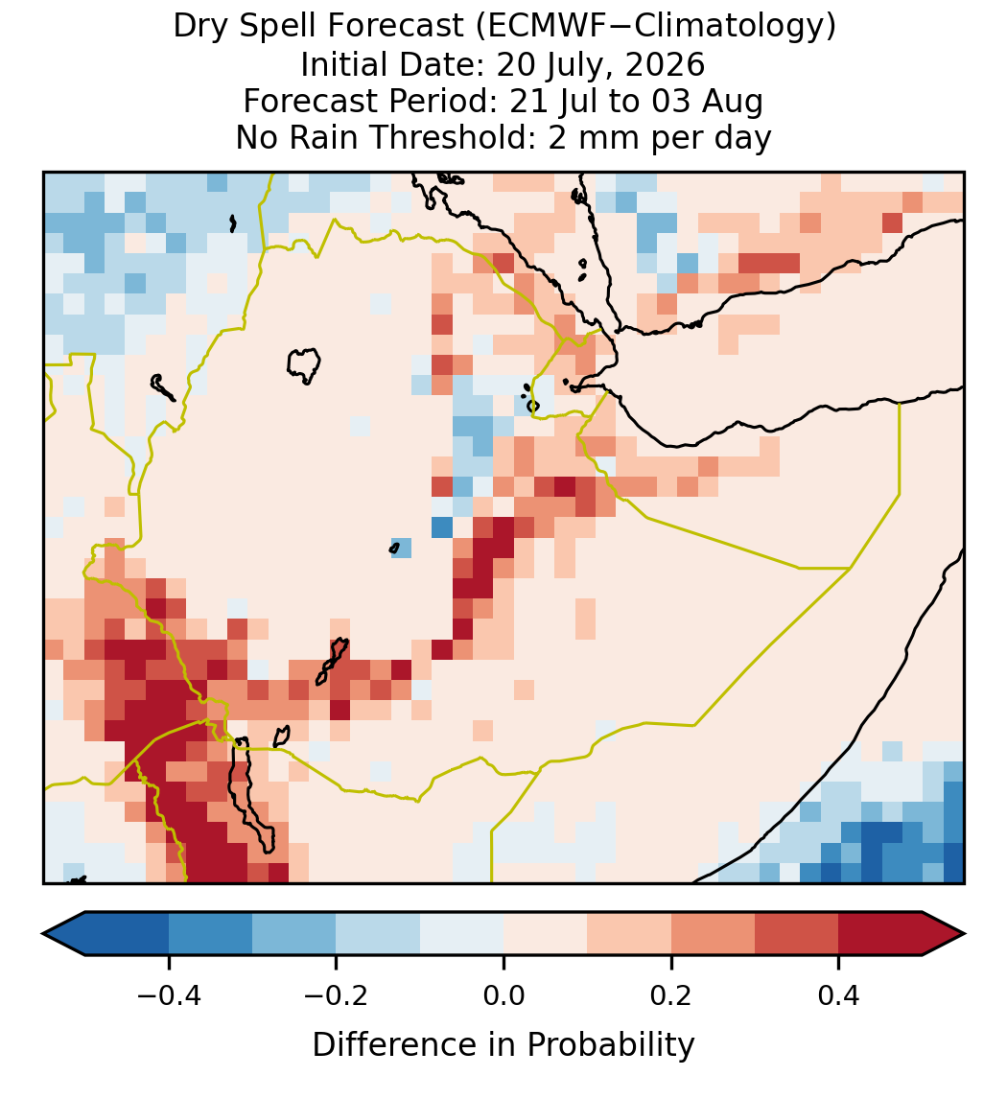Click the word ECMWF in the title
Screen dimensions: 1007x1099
click(x=538, y=27)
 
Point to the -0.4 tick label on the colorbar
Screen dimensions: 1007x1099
click(x=168, y=996)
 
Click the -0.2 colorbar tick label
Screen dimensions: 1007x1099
click(x=336, y=996)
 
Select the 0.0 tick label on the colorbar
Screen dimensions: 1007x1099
click(x=503, y=996)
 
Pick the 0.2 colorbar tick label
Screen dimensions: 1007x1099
click(x=671, y=996)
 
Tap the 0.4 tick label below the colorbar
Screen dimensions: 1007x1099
click(x=839, y=996)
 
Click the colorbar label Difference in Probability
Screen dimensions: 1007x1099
click(x=503, y=1045)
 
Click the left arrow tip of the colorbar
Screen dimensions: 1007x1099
click(x=43, y=934)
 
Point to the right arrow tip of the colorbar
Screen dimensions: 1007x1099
click(x=964, y=934)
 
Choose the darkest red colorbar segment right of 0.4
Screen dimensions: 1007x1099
click(x=880, y=934)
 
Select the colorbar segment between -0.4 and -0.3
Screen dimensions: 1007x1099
click(x=210, y=934)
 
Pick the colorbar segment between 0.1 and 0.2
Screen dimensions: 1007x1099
click(x=629, y=934)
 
